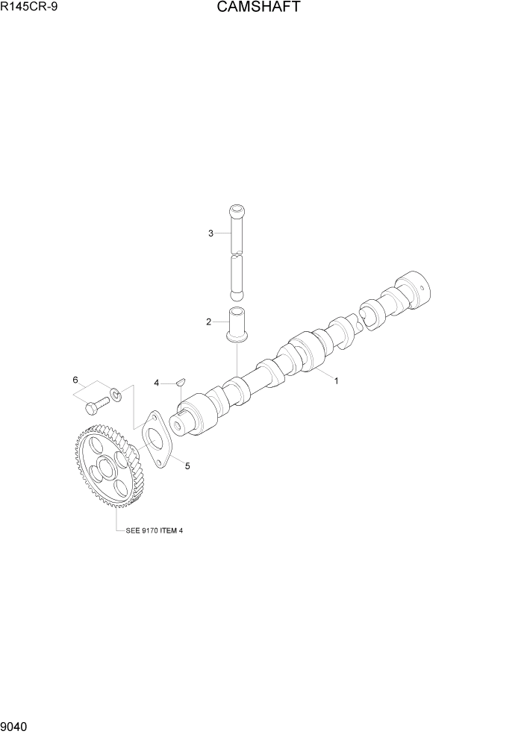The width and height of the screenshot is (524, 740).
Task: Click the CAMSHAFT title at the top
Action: pos(259,8)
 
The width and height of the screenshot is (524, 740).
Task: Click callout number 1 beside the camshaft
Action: pos(336,380)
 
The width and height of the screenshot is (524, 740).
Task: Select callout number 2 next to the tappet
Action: pos(210,322)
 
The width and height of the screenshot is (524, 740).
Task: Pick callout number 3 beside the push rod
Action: pos(210,233)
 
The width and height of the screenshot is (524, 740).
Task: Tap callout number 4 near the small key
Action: pos(157,383)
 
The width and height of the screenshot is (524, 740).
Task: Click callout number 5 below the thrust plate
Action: pos(187,466)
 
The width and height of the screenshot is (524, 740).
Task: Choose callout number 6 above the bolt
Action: pos(75,380)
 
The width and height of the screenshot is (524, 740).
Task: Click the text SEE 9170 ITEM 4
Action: pos(150,530)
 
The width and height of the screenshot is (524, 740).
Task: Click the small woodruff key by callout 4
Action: pos(179,382)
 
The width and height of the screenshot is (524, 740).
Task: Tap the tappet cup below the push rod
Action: pos(237,325)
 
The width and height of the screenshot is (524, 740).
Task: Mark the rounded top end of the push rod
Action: pos(236,210)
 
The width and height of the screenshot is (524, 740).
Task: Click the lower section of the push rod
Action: pos(237,273)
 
